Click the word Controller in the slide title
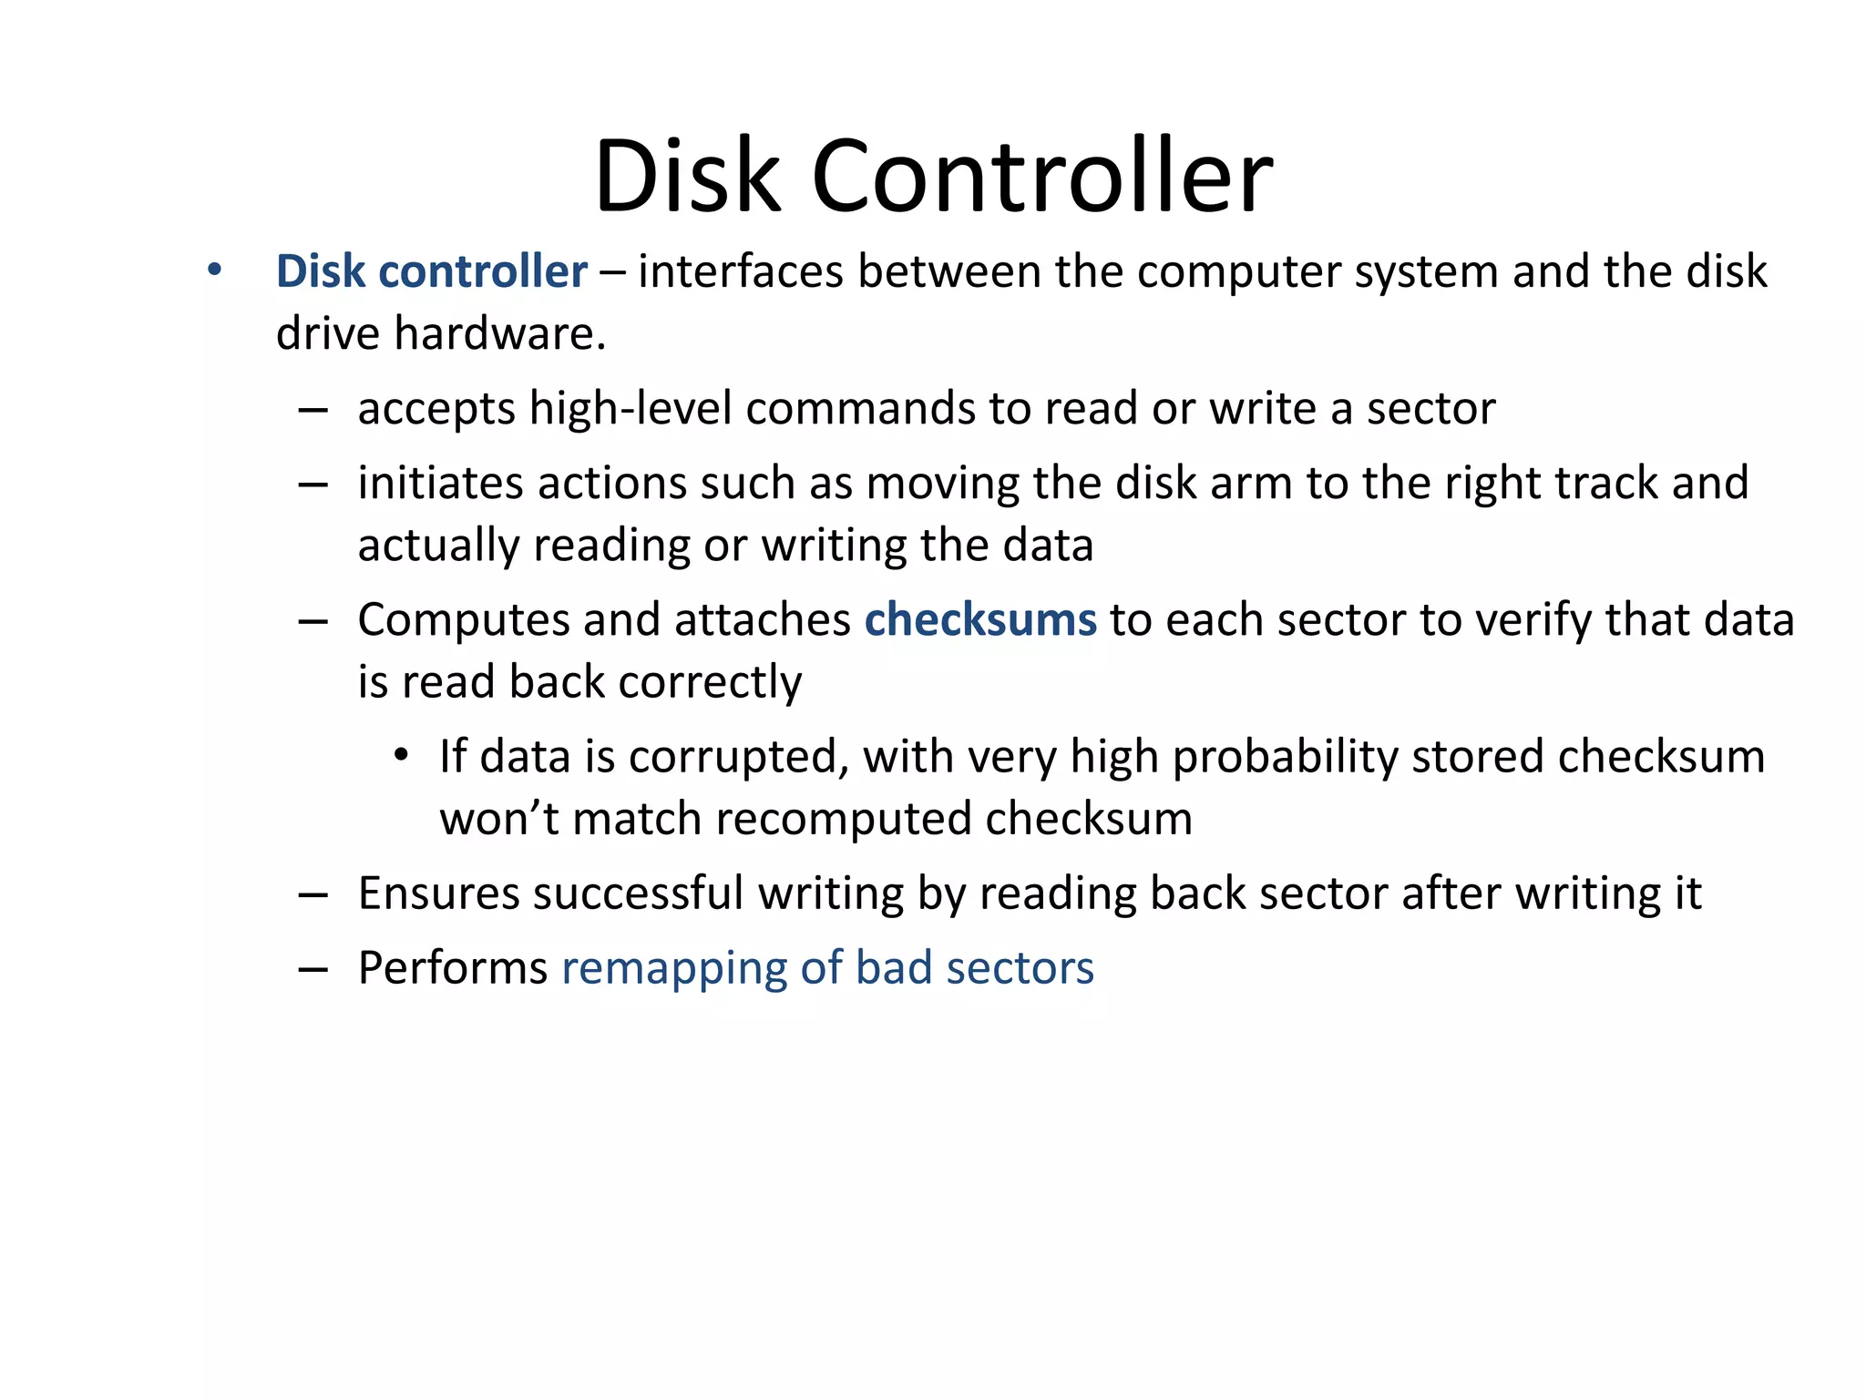pos(1041,176)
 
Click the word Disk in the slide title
pos(687,176)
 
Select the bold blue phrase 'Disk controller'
pos(431,271)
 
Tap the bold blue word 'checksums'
pos(980,620)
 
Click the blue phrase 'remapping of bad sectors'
pos(827,968)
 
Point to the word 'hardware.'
pos(499,334)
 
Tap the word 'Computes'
pos(463,620)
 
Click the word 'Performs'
pos(452,968)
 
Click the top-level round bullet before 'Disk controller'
pos(214,271)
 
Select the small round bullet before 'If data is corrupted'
pos(401,756)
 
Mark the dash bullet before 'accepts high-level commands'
pos(313,411)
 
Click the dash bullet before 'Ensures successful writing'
pos(313,895)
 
